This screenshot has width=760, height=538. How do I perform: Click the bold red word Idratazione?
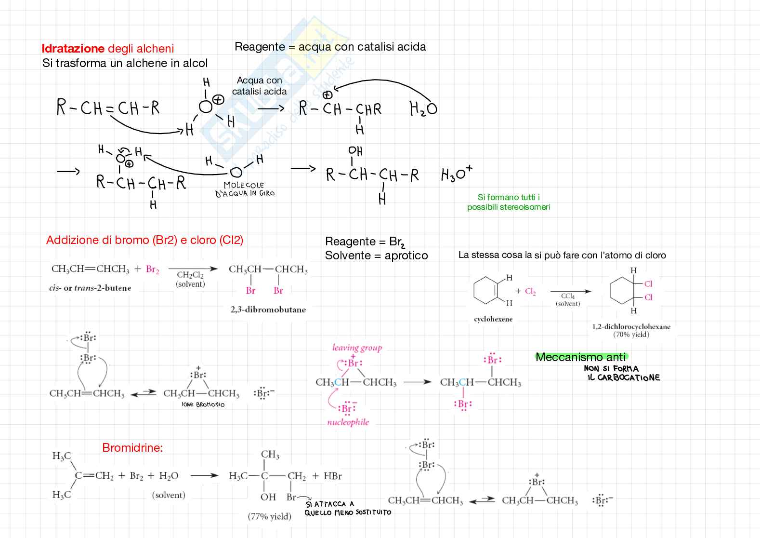pyautogui.click(x=73, y=49)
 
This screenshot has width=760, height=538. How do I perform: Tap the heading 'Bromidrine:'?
pyautogui.click(x=132, y=448)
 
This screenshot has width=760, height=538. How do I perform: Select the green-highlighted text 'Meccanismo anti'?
pyautogui.click(x=580, y=357)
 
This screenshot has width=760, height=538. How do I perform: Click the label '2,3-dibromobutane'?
pyautogui.click(x=268, y=309)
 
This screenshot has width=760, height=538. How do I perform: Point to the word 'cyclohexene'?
pyautogui.click(x=493, y=319)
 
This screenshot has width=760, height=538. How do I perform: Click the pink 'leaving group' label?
pyautogui.click(x=357, y=348)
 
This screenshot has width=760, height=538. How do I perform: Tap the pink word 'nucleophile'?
pyautogui.click(x=348, y=422)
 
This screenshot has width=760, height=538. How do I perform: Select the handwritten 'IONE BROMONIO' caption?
pyautogui.click(x=203, y=404)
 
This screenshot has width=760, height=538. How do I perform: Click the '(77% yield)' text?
pyautogui.click(x=269, y=516)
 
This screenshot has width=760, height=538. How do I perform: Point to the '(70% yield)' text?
pyautogui.click(x=631, y=335)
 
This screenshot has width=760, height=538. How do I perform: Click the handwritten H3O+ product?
pyautogui.click(x=457, y=174)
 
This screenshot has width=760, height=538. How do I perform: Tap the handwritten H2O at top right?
pyautogui.click(x=423, y=108)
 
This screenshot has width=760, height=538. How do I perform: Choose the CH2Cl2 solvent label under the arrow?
pyautogui.click(x=190, y=275)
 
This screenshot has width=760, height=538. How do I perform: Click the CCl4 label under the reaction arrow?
pyautogui.click(x=568, y=296)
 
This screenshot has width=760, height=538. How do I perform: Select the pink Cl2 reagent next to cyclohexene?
pyautogui.click(x=530, y=291)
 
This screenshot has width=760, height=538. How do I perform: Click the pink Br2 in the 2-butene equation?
pyautogui.click(x=152, y=269)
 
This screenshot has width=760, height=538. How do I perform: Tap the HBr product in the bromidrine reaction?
pyautogui.click(x=332, y=476)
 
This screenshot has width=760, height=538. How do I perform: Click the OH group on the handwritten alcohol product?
pyautogui.click(x=355, y=151)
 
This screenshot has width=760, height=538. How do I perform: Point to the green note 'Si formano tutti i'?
pyautogui.click(x=508, y=197)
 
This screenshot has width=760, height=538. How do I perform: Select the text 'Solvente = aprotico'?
pyautogui.click(x=376, y=256)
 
